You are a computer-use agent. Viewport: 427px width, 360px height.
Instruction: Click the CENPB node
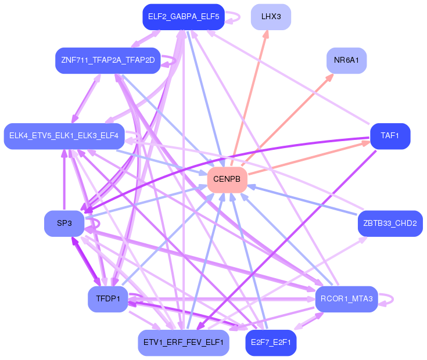coord(227,179)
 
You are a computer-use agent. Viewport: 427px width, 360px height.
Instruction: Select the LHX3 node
coord(271,16)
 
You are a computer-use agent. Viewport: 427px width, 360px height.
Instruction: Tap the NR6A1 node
coord(346,60)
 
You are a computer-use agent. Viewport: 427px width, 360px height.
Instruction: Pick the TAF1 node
coord(390,136)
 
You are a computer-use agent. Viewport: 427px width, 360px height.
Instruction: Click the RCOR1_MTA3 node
coord(346,299)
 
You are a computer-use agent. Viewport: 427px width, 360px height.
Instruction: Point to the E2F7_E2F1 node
coord(271,343)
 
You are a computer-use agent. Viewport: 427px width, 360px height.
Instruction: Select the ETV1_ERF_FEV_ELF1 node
coord(183,343)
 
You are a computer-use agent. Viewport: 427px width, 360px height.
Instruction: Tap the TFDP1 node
coord(107,299)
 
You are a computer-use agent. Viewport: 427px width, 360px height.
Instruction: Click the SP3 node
coord(64,224)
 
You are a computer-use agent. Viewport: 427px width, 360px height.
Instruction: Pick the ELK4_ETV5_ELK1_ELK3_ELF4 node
coord(64,136)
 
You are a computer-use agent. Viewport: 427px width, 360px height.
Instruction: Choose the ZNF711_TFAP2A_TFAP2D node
coord(107,60)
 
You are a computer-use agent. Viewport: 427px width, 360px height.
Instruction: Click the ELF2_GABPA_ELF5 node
coord(183,16)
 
